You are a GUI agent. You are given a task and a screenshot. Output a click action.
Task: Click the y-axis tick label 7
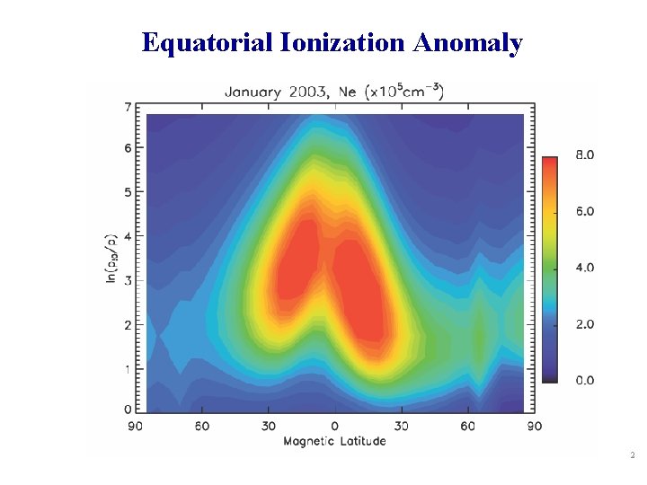pos(128,108)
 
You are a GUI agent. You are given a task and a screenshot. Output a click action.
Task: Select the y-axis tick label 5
pos(128,191)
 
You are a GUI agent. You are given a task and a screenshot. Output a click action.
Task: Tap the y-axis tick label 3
pos(128,280)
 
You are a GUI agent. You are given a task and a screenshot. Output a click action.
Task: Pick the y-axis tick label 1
pos(128,368)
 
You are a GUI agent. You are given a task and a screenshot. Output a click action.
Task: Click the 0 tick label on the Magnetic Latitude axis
pos(334,426)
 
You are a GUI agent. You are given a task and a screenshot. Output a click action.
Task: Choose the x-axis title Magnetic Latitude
pos(335,441)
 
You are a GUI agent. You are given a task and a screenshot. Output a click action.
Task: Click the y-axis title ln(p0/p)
pos(111,258)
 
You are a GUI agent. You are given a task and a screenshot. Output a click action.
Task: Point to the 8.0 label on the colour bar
pos(584,155)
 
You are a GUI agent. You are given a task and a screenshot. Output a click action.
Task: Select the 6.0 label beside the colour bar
pos(584,212)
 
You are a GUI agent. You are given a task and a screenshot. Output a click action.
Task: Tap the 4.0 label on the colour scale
pos(584,268)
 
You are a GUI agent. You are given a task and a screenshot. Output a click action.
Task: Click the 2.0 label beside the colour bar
pos(584,324)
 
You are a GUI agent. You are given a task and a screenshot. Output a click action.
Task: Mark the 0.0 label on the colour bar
pos(584,380)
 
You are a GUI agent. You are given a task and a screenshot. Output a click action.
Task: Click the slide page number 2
pos(633,457)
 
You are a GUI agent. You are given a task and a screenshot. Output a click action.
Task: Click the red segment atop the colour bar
pos(549,171)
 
